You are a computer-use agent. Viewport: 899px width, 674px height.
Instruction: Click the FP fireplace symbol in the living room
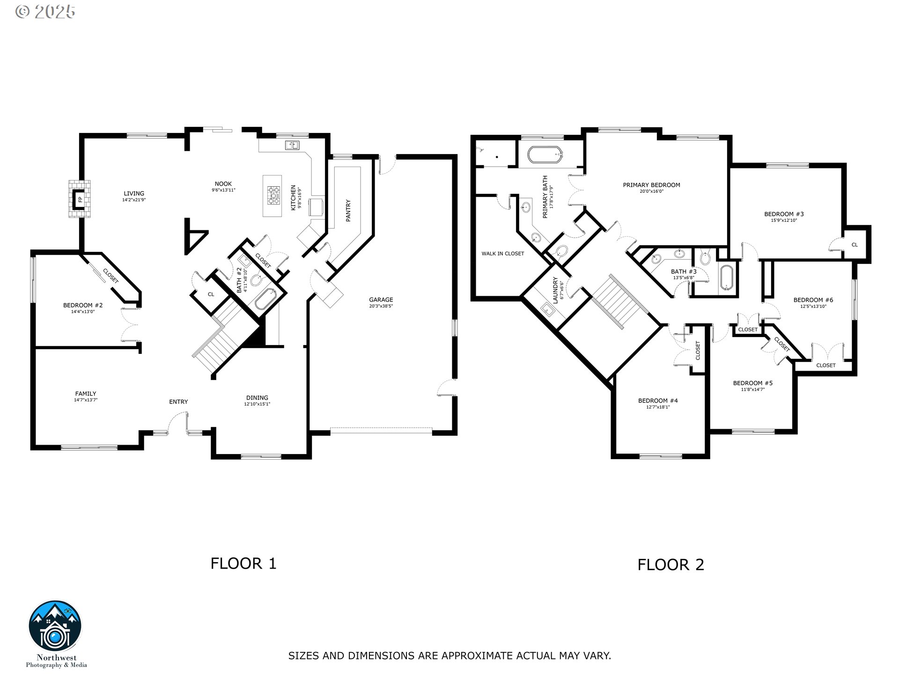point(79,199)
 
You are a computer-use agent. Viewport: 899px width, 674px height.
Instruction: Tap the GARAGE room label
point(381,300)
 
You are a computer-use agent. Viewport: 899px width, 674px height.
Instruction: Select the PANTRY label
point(348,211)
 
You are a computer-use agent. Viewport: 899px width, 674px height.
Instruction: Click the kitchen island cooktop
point(273,196)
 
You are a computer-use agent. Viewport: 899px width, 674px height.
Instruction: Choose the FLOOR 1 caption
point(243,563)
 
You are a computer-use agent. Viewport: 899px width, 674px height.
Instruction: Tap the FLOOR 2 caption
point(671,564)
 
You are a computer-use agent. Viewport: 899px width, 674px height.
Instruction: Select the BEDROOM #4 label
point(658,401)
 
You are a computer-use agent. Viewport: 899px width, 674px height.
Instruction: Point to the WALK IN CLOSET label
point(503,254)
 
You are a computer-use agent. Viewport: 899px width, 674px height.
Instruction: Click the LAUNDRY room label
point(556,291)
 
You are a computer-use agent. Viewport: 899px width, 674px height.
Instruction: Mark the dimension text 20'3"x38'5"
point(381,307)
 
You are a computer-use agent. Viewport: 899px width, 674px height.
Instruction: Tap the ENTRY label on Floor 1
point(178,402)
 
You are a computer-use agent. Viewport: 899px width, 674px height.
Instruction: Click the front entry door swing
point(178,421)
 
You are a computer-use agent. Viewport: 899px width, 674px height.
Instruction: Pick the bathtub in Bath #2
point(266,299)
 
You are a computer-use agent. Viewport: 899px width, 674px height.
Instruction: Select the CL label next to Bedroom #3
point(855,245)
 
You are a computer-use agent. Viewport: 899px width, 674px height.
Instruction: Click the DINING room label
point(257,398)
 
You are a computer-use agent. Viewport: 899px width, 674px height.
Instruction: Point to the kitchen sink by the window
point(293,145)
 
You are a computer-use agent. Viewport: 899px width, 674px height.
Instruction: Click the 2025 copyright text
point(45,12)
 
